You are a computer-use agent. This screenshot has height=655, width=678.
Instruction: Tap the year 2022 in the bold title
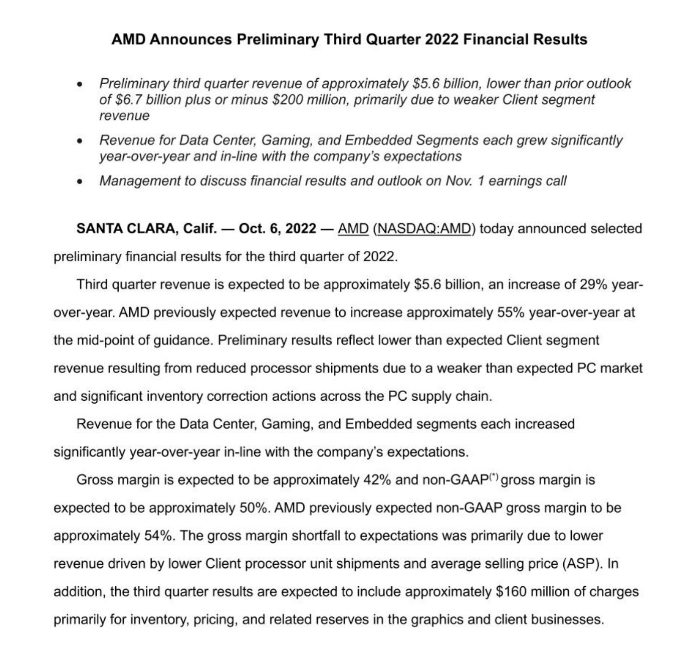pos(441,40)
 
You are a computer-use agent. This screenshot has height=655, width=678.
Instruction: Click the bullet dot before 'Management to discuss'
pos(79,182)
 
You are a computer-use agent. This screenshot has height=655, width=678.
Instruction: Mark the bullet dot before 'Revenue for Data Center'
pos(79,141)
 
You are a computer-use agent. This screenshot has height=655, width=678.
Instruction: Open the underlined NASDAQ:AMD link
pos(423,229)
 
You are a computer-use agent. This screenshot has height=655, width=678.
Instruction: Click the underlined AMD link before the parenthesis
pos(353,229)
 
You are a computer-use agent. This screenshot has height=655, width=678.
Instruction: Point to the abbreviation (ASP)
pos(583,564)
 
